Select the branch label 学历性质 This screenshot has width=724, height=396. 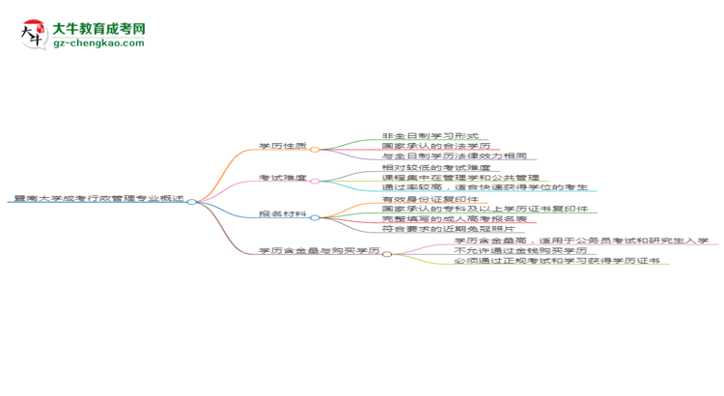[283, 147]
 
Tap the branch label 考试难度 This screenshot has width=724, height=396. [283, 179]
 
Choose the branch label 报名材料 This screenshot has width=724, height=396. [283, 213]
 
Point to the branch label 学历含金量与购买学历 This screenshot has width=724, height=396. [319, 251]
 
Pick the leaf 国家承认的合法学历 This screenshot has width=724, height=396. [436, 147]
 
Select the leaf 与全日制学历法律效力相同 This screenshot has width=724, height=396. [454, 156]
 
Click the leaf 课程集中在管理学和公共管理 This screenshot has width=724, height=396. [460, 179]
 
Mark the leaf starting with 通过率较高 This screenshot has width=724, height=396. [488, 188]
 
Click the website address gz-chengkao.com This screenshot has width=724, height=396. [98, 43]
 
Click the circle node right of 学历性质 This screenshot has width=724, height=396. [315, 149]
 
